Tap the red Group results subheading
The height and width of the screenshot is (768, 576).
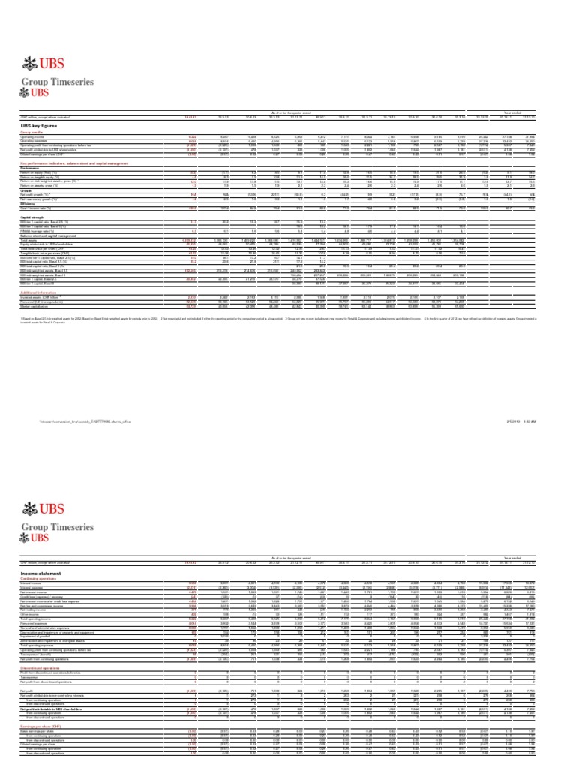(32, 132)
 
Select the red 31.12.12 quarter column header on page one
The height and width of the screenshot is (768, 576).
(189, 117)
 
